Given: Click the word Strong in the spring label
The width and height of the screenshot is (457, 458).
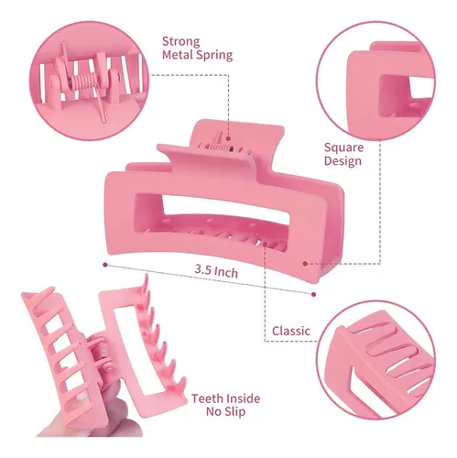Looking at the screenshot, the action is [x=181, y=42].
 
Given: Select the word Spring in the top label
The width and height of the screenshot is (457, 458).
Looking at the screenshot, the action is [x=214, y=56].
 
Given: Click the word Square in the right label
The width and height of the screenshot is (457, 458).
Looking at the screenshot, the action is [x=343, y=148].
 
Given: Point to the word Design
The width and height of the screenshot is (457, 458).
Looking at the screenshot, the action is [x=343, y=161].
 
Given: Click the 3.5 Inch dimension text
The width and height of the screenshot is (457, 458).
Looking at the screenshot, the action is [x=216, y=271].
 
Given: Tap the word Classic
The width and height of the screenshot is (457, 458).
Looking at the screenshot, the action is [x=291, y=331].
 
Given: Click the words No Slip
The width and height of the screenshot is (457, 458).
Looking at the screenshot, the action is [x=225, y=411].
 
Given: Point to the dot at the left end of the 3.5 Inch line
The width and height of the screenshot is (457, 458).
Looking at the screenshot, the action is [x=105, y=265].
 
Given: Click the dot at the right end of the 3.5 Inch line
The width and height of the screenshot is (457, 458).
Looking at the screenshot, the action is [x=313, y=294].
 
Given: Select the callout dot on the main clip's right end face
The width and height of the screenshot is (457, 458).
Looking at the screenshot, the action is [x=305, y=264].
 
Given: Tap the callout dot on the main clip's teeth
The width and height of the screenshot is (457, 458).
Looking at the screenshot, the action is [x=265, y=245].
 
